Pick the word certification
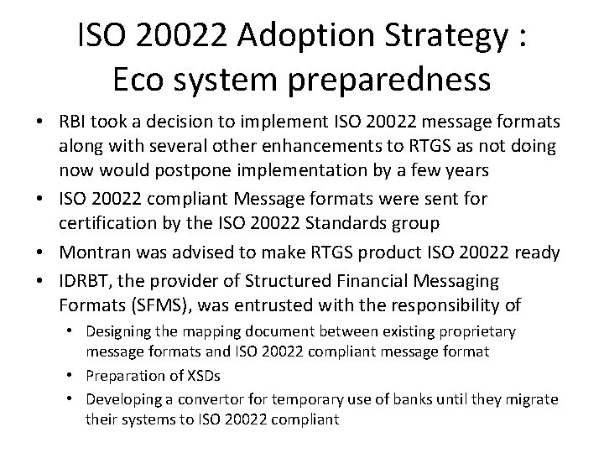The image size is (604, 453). click(x=107, y=224)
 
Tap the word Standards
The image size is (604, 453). click(x=370, y=224)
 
